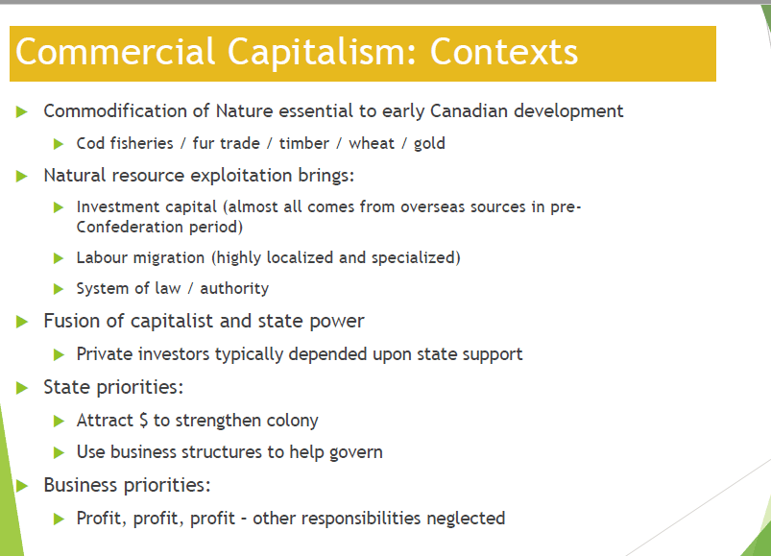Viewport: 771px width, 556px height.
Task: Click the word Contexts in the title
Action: [504, 52]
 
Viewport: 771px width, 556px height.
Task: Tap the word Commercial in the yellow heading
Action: [115, 52]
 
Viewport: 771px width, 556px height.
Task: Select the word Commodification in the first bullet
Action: [115, 111]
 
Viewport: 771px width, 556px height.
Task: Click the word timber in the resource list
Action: [303, 143]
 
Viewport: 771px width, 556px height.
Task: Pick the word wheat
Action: [372, 143]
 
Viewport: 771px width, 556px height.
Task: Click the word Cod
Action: [90, 143]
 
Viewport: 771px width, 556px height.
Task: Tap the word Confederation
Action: [129, 228]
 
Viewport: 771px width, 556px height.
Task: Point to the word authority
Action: [234, 289]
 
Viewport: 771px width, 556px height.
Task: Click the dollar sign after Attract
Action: [143, 421]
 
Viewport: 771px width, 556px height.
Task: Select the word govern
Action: [356, 453]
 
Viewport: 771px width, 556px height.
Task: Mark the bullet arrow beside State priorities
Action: [22, 388]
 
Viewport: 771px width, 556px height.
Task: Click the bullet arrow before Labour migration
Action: [59, 258]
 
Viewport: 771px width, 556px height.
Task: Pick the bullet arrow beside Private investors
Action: [59, 354]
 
